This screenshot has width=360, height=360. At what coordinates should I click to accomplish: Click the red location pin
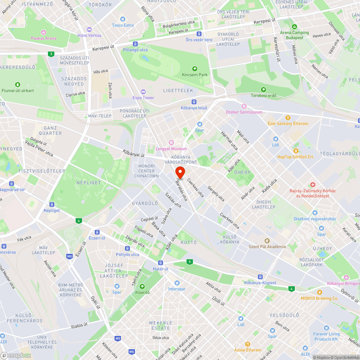(x=180, y=172)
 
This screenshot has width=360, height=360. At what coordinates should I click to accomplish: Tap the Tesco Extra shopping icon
(x=123, y=19)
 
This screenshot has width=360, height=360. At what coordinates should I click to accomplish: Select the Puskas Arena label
(x=43, y=38)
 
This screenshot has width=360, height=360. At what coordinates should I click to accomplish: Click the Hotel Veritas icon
(x=89, y=29)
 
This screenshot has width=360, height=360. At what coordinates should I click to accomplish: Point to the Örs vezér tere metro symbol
(x=199, y=33)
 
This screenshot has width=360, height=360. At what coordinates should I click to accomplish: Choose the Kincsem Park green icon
(x=195, y=68)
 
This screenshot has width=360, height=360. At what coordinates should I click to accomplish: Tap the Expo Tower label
(x=143, y=98)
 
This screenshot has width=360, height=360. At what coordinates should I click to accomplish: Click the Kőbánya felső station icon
(x=194, y=102)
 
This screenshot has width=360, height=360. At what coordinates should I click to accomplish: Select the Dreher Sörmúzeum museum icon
(x=244, y=106)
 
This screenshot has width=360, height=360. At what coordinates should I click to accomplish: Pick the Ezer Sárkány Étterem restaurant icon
(x=288, y=117)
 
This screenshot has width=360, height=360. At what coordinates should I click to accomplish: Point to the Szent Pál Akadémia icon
(x=267, y=240)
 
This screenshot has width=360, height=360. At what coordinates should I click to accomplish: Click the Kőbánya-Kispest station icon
(x=260, y=276)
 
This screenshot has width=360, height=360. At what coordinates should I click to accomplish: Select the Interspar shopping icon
(x=177, y=283)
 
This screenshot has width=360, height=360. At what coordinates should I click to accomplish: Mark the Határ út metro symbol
(x=161, y=263)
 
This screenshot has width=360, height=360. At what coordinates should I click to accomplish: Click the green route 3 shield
(x=51, y=54)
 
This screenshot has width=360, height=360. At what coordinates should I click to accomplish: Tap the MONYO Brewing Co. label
(x=320, y=298)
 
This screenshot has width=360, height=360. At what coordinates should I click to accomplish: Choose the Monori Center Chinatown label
(x=146, y=171)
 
